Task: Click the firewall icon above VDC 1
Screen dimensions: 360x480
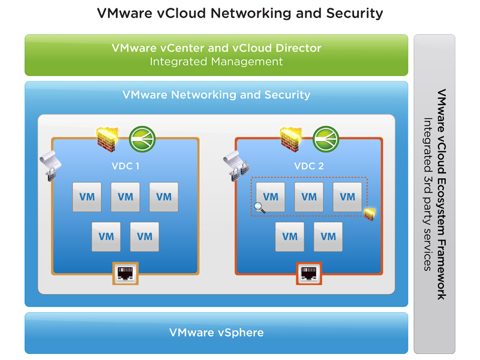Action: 109,139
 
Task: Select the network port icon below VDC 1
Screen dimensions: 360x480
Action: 125,274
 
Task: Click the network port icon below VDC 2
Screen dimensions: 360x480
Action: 308,274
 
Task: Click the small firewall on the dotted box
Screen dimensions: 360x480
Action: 369,214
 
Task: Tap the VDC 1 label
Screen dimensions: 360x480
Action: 125,166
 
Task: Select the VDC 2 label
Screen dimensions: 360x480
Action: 309,166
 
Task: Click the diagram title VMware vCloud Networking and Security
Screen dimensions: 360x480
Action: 240,13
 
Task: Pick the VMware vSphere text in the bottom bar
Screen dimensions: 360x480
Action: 217,332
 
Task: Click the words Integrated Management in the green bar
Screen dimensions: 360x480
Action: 216,61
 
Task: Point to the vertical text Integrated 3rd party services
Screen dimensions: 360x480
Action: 428,194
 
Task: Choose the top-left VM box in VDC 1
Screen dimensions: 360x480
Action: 87,197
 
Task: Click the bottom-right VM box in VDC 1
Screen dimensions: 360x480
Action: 145,236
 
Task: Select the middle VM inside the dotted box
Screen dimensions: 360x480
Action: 309,197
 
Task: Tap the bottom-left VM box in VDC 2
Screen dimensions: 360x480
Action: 290,236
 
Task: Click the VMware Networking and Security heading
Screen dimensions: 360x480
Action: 216,95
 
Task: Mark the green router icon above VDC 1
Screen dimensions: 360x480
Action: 142,138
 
